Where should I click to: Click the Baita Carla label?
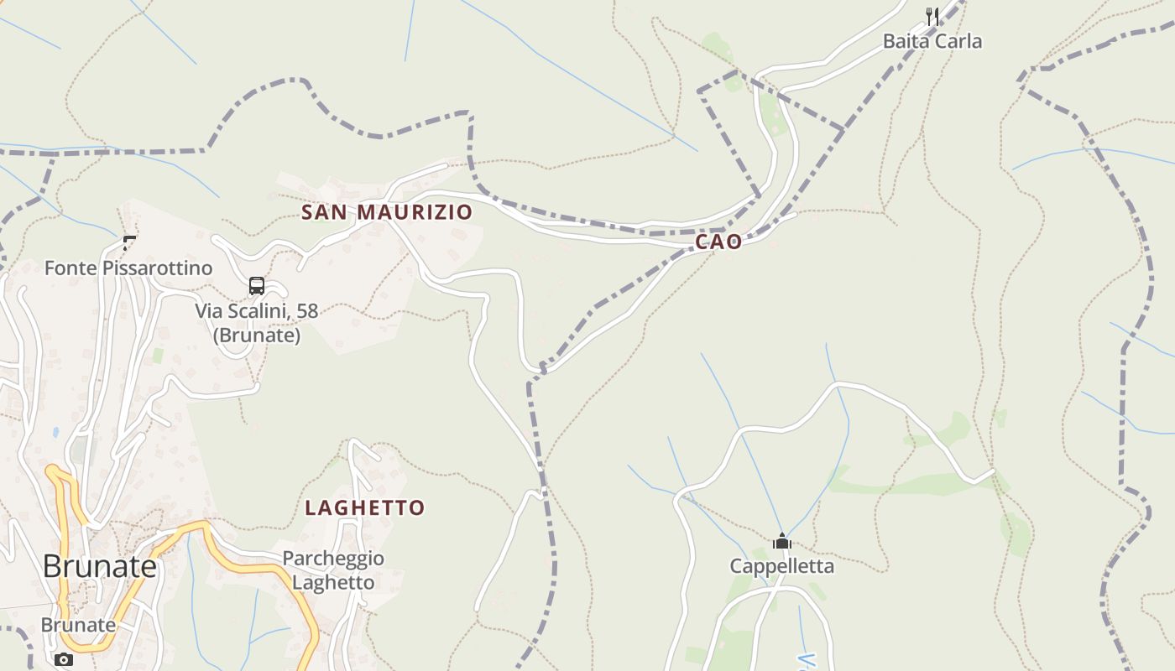click(x=932, y=41)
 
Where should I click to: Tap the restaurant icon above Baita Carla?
click(x=932, y=15)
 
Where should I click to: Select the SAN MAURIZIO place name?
click(x=387, y=212)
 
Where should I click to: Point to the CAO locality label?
click(x=718, y=242)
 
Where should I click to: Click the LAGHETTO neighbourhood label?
click(x=365, y=508)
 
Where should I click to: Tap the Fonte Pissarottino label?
click(x=128, y=268)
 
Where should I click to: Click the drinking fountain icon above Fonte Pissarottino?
click(x=129, y=243)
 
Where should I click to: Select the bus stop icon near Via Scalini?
click(x=257, y=286)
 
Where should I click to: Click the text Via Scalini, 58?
click(x=257, y=311)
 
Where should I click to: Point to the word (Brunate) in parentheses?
click(x=257, y=335)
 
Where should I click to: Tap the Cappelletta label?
click(x=782, y=566)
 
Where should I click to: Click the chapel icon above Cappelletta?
click(x=782, y=541)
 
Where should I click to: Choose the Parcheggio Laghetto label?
click(x=333, y=570)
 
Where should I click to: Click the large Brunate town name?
click(x=100, y=567)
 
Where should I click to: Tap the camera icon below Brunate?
click(x=63, y=659)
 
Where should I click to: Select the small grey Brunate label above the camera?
click(x=78, y=625)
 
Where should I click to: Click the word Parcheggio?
click(x=333, y=559)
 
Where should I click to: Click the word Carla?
click(x=959, y=41)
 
